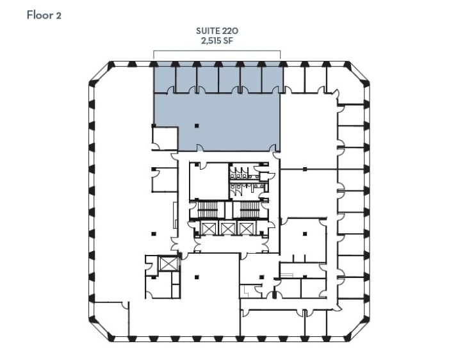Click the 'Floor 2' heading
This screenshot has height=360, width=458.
click(44, 15)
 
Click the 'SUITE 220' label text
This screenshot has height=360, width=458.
click(217, 30)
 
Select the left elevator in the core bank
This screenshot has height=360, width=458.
click(209, 228)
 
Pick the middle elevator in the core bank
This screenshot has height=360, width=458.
click(228, 228)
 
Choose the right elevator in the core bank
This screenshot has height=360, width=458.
click(246, 228)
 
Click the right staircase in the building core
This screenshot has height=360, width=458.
click(246, 209)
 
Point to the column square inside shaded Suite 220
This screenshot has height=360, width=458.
click(197, 125)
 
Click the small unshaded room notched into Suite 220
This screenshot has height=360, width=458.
click(165, 138)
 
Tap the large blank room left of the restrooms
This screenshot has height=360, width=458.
click(208, 181)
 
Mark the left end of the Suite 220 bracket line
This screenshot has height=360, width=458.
click(153, 51)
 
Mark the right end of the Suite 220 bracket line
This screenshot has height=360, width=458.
click(281, 51)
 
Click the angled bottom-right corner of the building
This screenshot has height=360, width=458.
click(359, 330)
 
